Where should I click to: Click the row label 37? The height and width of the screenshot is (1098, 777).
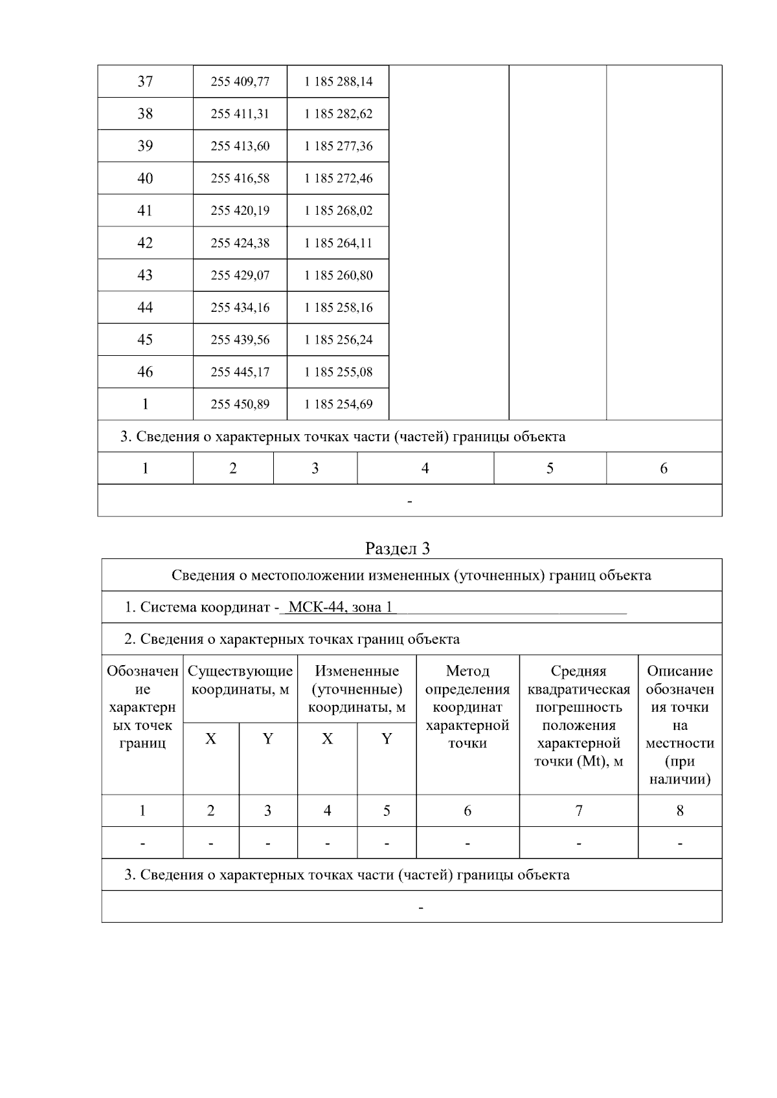click(x=145, y=82)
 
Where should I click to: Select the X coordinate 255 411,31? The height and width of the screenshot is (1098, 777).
click(x=240, y=114)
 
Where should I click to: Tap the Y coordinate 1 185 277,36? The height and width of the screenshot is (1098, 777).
click(x=338, y=146)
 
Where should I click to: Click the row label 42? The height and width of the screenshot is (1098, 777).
click(x=145, y=243)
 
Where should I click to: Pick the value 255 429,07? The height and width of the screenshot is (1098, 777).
click(x=240, y=275)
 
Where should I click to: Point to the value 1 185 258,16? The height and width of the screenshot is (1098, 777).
click(x=338, y=307)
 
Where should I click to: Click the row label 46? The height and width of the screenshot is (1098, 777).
click(x=145, y=372)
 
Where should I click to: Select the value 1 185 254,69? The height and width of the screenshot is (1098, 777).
click(x=338, y=404)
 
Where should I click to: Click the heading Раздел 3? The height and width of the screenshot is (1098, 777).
click(x=397, y=549)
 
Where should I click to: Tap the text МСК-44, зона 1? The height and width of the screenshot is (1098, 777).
click(x=341, y=608)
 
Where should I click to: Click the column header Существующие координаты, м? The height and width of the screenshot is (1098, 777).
click(x=240, y=680)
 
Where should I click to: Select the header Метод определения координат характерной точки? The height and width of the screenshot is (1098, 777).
click(x=467, y=707)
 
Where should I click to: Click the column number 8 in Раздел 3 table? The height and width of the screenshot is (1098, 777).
click(x=679, y=811)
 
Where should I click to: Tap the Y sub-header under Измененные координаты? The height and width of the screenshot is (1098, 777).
click(x=387, y=739)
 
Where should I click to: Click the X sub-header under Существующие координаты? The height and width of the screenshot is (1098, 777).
click(x=211, y=739)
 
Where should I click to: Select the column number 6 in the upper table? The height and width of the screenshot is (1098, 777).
click(x=663, y=468)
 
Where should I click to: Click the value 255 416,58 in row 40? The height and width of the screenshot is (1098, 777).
click(x=240, y=179)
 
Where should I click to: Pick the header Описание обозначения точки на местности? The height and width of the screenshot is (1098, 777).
click(x=679, y=725)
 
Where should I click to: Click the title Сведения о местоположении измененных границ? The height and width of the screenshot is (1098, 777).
click(x=411, y=575)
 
